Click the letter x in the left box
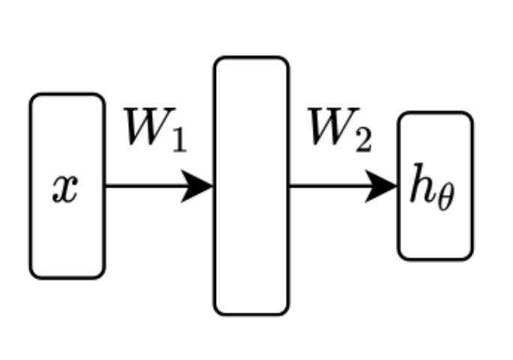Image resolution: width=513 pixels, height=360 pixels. coord(65,188)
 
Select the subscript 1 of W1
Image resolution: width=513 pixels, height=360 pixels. coord(178,139)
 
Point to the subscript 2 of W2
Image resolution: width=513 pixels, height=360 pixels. coord(362,139)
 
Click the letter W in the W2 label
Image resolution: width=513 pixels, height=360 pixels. coord(330,129)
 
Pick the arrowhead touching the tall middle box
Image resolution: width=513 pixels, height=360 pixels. coord(199,186)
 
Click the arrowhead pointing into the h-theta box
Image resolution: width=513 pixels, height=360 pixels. coord(382,186)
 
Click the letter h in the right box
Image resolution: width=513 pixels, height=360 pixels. coord(422,187)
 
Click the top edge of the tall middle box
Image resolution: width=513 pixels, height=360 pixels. coord(251,58)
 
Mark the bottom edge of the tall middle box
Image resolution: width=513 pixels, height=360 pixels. coord(251,313)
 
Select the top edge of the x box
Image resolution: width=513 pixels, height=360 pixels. coord(67,94)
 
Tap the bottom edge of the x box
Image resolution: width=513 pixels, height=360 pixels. coord(67,277)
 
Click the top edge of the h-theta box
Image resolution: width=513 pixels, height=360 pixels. coord(435,113)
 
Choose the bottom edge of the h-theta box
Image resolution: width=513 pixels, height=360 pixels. coord(435,259)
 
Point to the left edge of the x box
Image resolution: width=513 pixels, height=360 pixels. coord(31,186)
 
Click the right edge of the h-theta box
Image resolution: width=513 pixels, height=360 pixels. coord(472,186)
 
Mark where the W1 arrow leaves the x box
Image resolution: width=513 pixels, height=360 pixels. coord(105,186)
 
